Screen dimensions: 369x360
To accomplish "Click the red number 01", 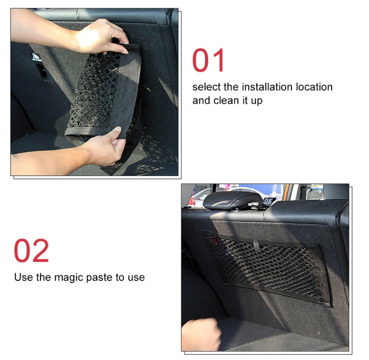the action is pos(208,60).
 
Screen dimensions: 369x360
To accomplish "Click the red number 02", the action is pos(31,250).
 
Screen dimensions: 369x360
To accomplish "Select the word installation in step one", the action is pos(267,87).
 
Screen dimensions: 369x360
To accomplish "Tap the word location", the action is pos(314,87).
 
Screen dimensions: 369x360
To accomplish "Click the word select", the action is pos(207,87).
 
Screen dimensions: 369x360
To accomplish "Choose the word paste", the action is pos(100,278).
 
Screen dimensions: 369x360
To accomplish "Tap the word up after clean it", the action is pos(257,101).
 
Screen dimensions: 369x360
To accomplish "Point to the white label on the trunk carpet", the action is pos(36,57).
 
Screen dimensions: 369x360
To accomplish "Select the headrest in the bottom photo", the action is pos(232,200).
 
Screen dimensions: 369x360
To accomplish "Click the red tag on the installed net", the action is pos(215,240).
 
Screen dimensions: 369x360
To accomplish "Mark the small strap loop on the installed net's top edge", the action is pos(256,246).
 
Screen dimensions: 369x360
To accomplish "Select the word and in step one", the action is pos(201,101).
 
